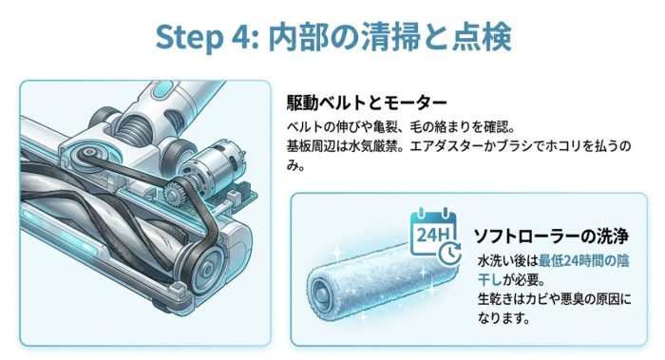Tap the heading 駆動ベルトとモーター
coord(367,103)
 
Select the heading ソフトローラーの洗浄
coord(551,236)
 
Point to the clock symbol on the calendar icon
coord(449,254)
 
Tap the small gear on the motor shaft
coord(174,191)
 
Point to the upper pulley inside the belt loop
coord(89,152)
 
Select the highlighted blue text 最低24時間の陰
coord(583,261)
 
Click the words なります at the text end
coord(503,317)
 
